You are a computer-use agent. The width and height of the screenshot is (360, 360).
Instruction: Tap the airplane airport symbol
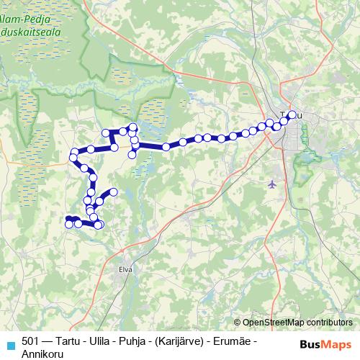(x=272, y=184)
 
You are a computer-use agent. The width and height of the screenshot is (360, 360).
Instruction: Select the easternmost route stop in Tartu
(x=292, y=114)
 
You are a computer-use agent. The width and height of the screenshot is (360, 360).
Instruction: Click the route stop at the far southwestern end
(x=69, y=224)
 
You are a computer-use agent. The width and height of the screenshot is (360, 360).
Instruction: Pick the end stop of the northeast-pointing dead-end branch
(x=113, y=192)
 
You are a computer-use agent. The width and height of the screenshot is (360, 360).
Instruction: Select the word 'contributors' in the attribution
(x=331, y=323)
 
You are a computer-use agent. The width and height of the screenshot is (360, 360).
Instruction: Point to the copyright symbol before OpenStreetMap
(x=238, y=323)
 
